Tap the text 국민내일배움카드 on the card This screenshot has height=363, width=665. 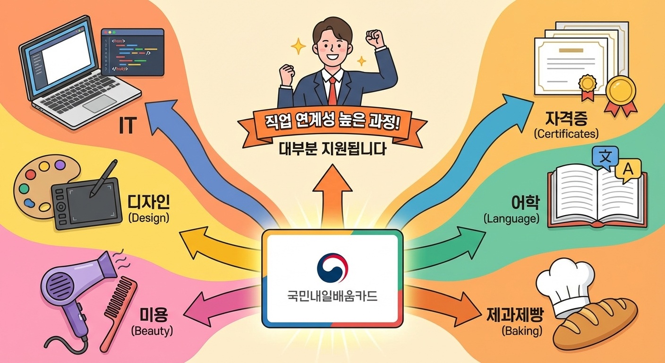(x=332, y=298)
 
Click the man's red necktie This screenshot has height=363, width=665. (x=333, y=90)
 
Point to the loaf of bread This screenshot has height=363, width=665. (x=597, y=324)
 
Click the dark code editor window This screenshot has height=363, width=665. (x=133, y=52)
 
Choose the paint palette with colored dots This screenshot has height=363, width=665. (x=35, y=187)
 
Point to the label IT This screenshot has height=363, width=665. (x=128, y=126)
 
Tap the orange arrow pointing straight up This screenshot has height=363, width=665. (x=332, y=194)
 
